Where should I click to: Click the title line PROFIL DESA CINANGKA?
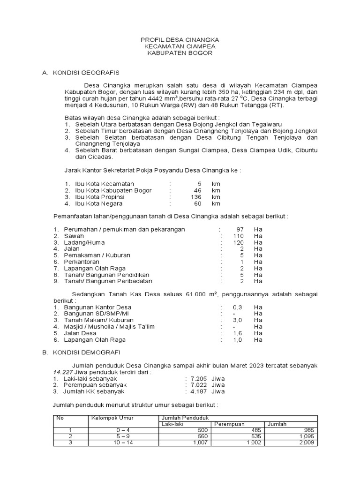pos(180,40)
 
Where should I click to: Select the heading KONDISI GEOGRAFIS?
pos(86,73)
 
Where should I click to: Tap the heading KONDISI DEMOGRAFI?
pos(86,352)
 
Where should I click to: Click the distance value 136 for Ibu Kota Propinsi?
pos(195,197)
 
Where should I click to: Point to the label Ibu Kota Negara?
pos(98,204)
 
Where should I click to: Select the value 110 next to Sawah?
pos(239,236)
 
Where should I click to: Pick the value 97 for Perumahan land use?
pos(240,229)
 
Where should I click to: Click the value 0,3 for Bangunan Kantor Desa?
pos(238,307)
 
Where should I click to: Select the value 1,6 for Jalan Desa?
pos(238,333)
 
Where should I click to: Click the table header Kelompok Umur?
pos(110,418)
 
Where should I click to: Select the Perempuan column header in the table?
pos(229,424)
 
